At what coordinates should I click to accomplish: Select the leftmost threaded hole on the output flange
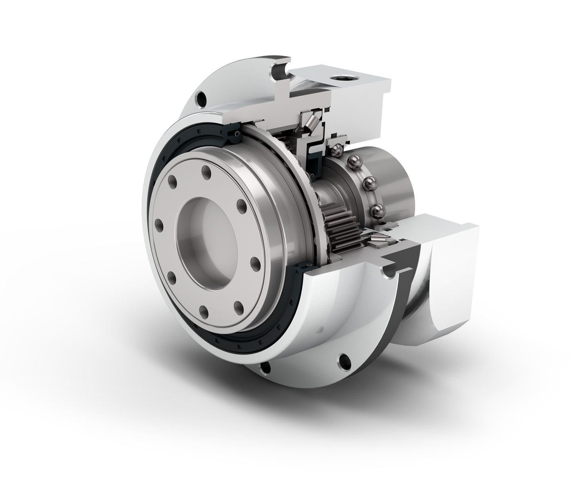[158, 223]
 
